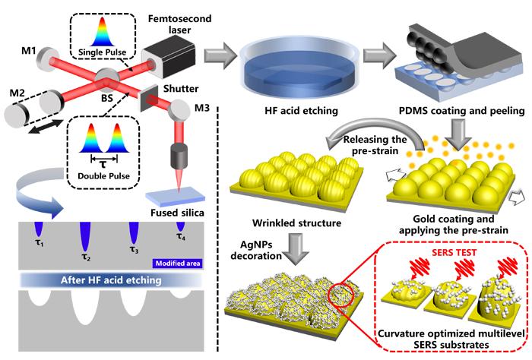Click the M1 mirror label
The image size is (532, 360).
pos(29,51)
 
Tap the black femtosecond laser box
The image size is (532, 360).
pos(169,60)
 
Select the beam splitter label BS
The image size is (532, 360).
pos(107,98)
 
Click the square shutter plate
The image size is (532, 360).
pos(149,98)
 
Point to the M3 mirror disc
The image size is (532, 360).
pos(179,109)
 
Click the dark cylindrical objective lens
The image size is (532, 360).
pos(179,156)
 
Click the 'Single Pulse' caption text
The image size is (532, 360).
pos(102,52)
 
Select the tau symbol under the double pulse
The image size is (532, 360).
pos(103,165)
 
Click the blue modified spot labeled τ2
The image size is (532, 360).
pos(84,236)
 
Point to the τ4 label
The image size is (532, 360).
pos(181,237)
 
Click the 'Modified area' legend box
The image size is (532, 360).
pos(178,264)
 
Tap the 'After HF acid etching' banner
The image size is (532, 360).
pos(111,280)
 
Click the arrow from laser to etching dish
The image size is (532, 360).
pos(220,55)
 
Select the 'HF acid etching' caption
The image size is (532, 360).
pos(301,111)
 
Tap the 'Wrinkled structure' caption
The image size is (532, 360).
pos(296,223)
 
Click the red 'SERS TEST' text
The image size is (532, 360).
pos(454,253)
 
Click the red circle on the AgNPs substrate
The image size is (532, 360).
pos(341,294)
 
